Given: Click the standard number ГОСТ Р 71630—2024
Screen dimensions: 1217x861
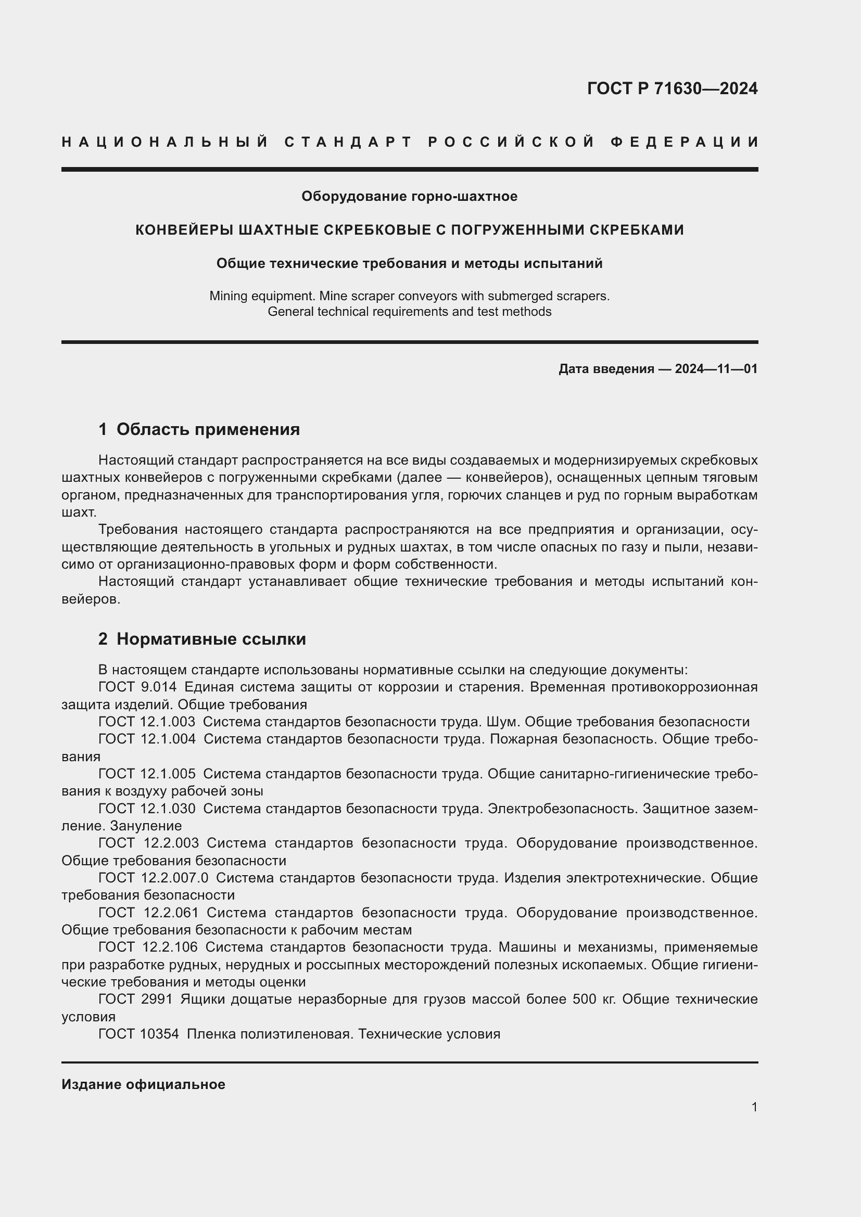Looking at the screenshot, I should (672, 88).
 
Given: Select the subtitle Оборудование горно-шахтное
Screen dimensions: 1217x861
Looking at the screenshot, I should (409, 197).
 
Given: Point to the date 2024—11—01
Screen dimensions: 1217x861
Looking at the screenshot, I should (716, 369).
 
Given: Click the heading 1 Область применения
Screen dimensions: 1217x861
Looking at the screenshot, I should (199, 429).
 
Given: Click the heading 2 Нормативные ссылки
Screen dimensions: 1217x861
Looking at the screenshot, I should (202, 639).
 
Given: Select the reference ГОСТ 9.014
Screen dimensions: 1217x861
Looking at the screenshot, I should (137, 687).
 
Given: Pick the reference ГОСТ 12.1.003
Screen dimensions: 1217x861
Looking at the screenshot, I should (146, 722).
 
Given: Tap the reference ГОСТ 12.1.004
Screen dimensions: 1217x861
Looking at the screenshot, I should (146, 739).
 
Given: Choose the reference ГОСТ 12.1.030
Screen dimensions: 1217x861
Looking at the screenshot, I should (146, 809).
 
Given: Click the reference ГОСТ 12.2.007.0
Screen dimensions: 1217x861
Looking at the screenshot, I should (153, 878).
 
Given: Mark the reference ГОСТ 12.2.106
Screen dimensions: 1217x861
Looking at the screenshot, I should (147, 947).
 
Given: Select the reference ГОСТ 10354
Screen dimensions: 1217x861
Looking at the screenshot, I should (138, 1034).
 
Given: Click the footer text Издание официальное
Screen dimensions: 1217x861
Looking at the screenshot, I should (143, 1084).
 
